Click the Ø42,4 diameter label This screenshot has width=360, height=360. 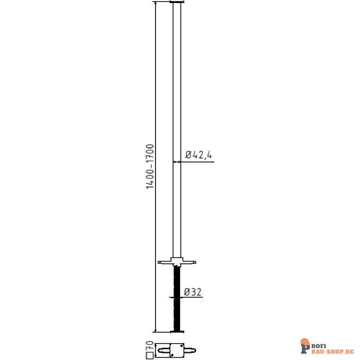(x=199, y=154)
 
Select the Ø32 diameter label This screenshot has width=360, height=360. (x=193, y=292)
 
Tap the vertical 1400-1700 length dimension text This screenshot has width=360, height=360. (x=150, y=166)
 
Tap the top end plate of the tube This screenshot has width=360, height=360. (x=177, y=3)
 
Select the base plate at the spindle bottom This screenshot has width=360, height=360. (x=177, y=331)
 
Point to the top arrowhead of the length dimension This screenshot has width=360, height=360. (x=155, y=4)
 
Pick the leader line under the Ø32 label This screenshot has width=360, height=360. (x=191, y=298)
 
